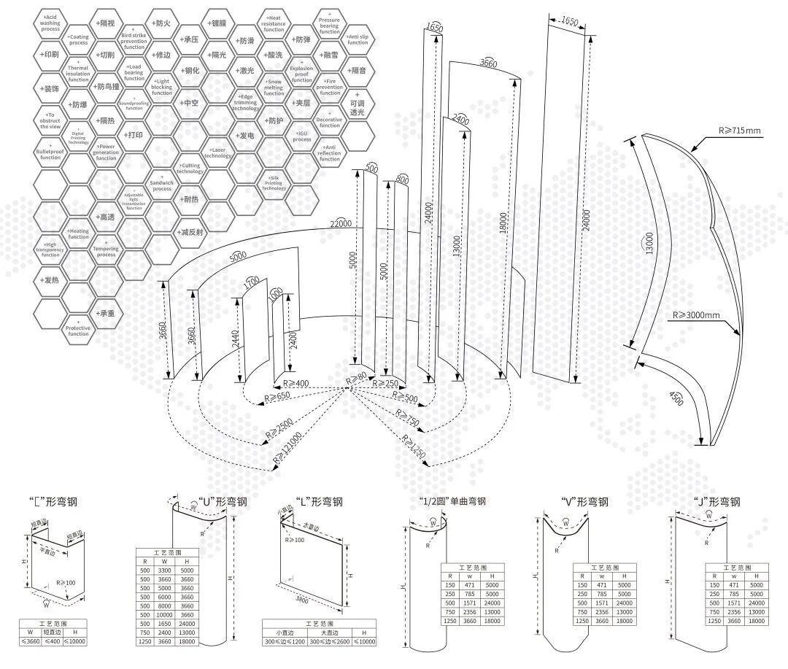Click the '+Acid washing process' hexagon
pyautogui.click(x=50, y=23)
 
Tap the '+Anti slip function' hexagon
pyautogui.click(x=358, y=39)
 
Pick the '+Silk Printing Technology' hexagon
pyautogui.click(x=274, y=183)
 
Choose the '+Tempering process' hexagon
pyautogui.click(x=107, y=250)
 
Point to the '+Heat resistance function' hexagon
pyautogui.click(x=274, y=23)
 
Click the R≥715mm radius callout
pyautogui.click(x=739, y=131)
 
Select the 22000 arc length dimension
pyautogui.click(x=340, y=223)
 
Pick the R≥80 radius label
pyautogui.click(x=358, y=378)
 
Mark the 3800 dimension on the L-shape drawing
pyautogui.click(x=303, y=600)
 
